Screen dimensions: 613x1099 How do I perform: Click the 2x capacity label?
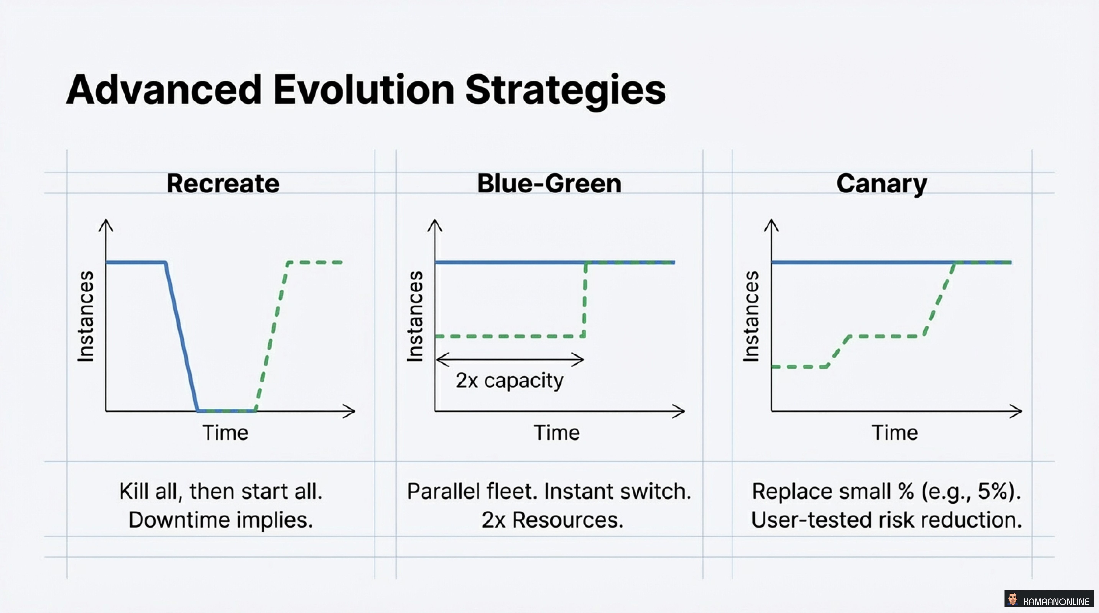[x=509, y=380]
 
